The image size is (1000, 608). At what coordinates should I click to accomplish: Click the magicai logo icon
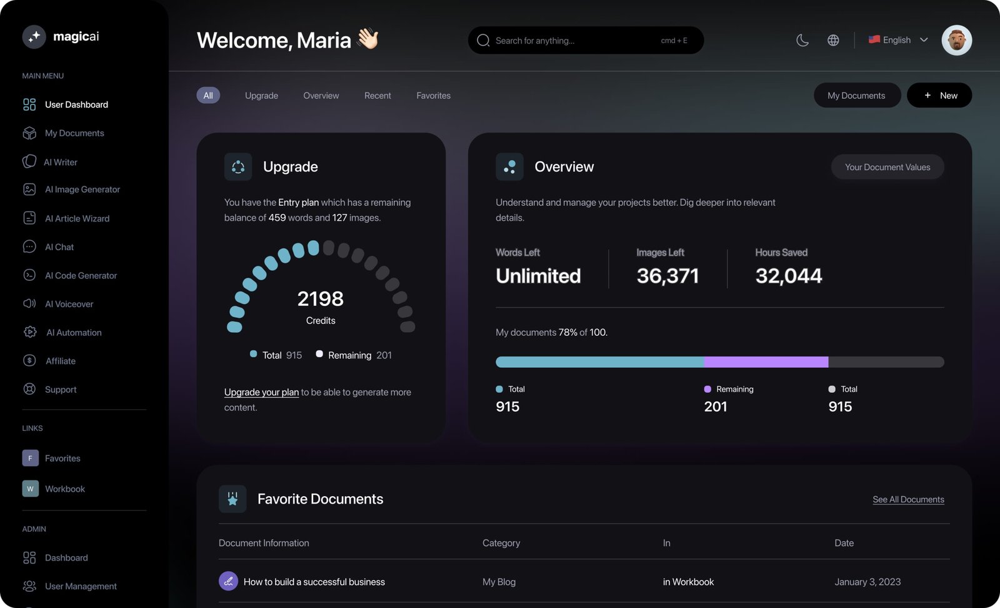tap(34, 37)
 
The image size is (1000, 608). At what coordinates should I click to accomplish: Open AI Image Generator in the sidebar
tap(82, 190)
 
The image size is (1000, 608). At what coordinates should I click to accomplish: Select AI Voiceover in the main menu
tap(69, 304)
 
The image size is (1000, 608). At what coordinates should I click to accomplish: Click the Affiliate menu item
tap(60, 361)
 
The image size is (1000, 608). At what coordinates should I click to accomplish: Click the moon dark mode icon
tap(802, 40)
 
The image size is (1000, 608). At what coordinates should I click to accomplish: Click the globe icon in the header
tap(833, 40)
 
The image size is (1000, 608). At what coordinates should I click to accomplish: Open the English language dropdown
tap(898, 40)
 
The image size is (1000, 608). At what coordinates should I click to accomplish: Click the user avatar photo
tap(956, 40)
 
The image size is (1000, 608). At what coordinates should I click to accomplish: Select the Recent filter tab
tap(377, 96)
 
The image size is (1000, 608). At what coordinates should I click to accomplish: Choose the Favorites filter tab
tap(433, 96)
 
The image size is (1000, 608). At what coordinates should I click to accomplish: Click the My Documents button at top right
tap(856, 96)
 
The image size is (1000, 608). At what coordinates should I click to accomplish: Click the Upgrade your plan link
tap(261, 392)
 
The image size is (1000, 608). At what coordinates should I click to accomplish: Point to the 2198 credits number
tap(320, 299)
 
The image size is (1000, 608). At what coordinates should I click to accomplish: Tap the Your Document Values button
tap(887, 167)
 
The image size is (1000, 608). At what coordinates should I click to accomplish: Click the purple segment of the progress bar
tap(766, 362)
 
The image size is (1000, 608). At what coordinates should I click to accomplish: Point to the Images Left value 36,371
tap(667, 276)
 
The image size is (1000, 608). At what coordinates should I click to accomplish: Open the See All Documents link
tap(908, 499)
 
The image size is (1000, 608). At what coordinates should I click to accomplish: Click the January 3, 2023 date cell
tap(867, 582)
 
